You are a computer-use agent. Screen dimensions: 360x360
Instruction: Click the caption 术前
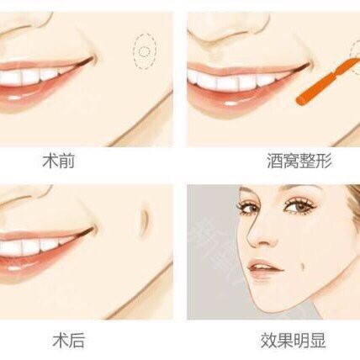tap(58, 161)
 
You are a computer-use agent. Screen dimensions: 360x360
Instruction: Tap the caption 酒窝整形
tap(299, 161)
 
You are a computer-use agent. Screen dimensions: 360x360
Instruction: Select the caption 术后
tap(69, 341)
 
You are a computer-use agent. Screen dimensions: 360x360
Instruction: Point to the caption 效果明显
tap(293, 341)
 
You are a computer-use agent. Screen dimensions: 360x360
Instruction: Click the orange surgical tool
tap(326, 82)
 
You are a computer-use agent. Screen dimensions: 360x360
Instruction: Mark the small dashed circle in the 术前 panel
tap(145, 51)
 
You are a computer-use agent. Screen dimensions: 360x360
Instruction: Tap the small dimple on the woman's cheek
tap(304, 267)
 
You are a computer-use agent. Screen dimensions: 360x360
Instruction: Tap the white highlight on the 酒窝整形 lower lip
tap(230, 103)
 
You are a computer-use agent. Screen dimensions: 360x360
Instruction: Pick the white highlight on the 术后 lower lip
tap(14, 267)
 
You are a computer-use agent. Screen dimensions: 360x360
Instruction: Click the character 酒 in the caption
tap(275, 161)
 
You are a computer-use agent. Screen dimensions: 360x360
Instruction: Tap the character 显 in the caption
tap(318, 341)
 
